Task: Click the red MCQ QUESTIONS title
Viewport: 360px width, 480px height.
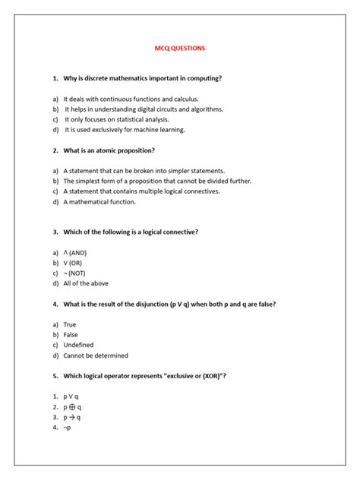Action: [x=179, y=49]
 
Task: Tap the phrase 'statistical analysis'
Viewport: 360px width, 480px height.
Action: [x=140, y=119]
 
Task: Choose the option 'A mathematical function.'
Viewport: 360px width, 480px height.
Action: [x=99, y=202]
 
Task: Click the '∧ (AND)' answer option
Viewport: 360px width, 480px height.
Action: [x=75, y=252]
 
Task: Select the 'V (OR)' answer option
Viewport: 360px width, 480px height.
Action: [x=73, y=263]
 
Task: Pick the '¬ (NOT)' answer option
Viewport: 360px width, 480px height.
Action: [x=75, y=273]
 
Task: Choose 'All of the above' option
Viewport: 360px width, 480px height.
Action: [x=86, y=283]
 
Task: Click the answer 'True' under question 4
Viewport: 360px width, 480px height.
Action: [x=70, y=324]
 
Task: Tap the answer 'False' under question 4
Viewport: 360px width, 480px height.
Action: [x=71, y=334]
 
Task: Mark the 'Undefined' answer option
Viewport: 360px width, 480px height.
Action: [x=78, y=345]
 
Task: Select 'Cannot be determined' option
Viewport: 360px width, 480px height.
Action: [x=96, y=355]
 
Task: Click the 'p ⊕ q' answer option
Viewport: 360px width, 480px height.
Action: [x=72, y=406]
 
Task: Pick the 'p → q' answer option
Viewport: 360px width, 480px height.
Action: [x=72, y=417]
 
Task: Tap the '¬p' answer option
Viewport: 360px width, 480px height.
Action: [x=68, y=427]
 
